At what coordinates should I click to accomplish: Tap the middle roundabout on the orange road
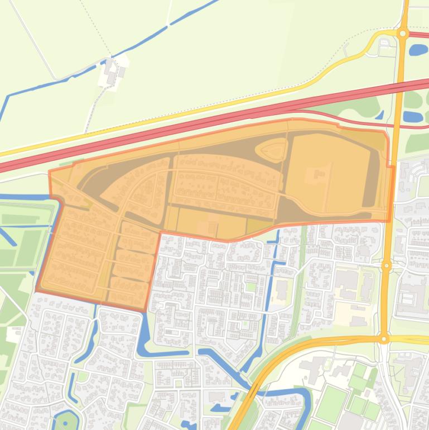(x=386, y=266)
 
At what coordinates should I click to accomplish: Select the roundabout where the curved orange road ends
(x=384, y=339)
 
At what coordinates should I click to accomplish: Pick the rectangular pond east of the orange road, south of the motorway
(x=412, y=117)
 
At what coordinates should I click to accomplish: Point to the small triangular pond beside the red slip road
(x=380, y=116)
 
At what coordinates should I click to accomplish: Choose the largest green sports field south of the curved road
(x=331, y=404)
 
